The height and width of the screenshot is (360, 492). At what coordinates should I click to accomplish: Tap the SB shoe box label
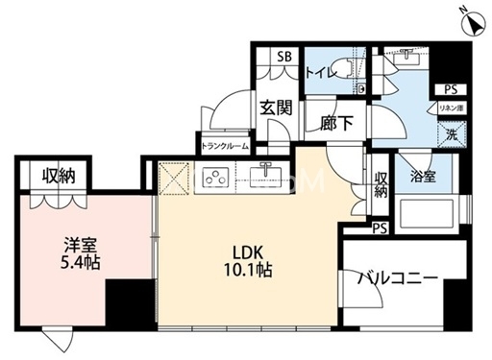pyautogui.click(x=284, y=56)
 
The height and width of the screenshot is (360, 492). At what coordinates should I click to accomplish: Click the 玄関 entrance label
pyautogui.click(x=276, y=108)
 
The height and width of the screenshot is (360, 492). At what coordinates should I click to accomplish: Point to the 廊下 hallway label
pyautogui.click(x=336, y=123)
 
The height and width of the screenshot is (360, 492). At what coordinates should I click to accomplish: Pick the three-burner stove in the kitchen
pyautogui.click(x=217, y=179)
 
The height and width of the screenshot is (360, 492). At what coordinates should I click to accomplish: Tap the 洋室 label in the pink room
pyautogui.click(x=66, y=241)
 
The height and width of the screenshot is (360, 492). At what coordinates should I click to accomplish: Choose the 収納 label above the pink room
pyautogui.click(x=60, y=175)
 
